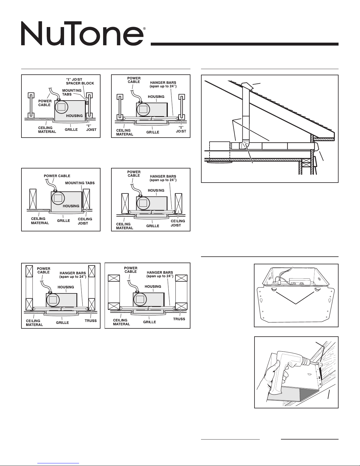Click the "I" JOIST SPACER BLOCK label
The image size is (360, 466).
tap(80, 81)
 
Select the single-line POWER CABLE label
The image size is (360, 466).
tap(57, 176)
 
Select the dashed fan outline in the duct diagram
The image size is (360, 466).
tap(219, 151)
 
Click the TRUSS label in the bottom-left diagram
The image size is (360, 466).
tap(91, 320)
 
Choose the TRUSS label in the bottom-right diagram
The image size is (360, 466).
tap(179, 319)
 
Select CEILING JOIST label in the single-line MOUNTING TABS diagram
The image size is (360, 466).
tap(85, 221)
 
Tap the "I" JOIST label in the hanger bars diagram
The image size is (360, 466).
tap(181, 129)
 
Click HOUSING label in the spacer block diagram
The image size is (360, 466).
tap(74, 116)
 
